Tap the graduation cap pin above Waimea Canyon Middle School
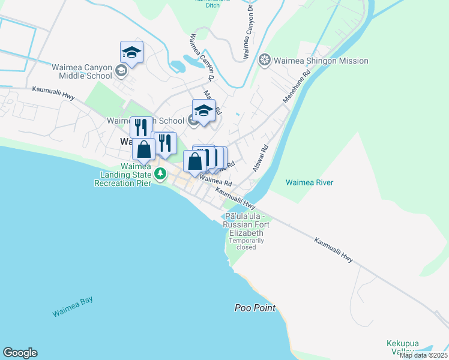131,52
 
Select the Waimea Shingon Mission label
321,61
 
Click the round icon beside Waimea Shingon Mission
264,61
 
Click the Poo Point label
255,308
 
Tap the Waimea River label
309,182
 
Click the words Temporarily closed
246,244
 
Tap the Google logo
20,353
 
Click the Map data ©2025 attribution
423,355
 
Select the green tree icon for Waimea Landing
160,175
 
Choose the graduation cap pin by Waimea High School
203,110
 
